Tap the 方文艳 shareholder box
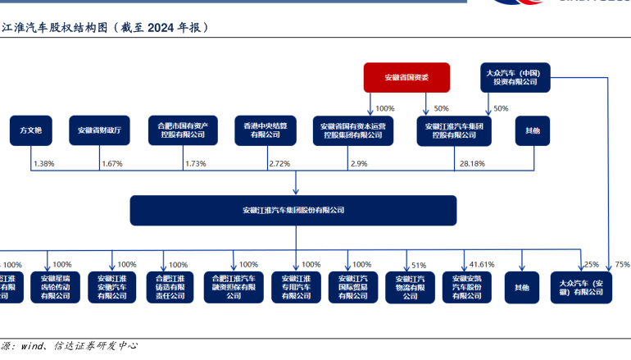click(31, 130)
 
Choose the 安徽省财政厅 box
click(99, 130)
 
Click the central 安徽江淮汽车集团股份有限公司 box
click(293, 211)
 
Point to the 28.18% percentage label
click(471, 164)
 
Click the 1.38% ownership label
click(43, 164)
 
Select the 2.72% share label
click(279, 164)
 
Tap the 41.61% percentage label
click(482, 265)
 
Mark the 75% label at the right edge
click(622, 265)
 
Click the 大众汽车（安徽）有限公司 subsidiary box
click(580, 288)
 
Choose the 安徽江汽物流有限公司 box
click(410, 288)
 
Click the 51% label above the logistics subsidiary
click(419, 265)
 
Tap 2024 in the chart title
click(165, 28)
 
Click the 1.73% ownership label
click(195, 164)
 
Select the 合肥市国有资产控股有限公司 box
click(182, 130)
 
